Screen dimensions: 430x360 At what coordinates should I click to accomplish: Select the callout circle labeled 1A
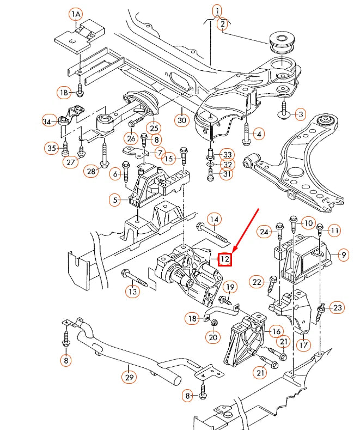(x=75, y=13)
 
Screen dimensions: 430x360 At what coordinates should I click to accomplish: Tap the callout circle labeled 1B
(x=64, y=92)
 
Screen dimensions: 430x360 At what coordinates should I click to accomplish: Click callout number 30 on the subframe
(x=181, y=118)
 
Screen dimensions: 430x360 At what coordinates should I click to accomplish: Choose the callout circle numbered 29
(x=129, y=377)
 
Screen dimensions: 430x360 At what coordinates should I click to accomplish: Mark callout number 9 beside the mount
(x=344, y=253)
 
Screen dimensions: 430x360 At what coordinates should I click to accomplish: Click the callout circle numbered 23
(x=338, y=308)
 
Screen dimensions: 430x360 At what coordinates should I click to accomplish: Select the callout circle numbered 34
(x=49, y=121)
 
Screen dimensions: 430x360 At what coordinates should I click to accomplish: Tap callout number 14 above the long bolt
(x=215, y=220)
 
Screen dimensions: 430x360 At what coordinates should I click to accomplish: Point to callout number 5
(x=115, y=200)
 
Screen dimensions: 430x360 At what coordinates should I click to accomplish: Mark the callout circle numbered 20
(x=213, y=338)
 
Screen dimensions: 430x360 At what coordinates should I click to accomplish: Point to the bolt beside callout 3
(x=284, y=111)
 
